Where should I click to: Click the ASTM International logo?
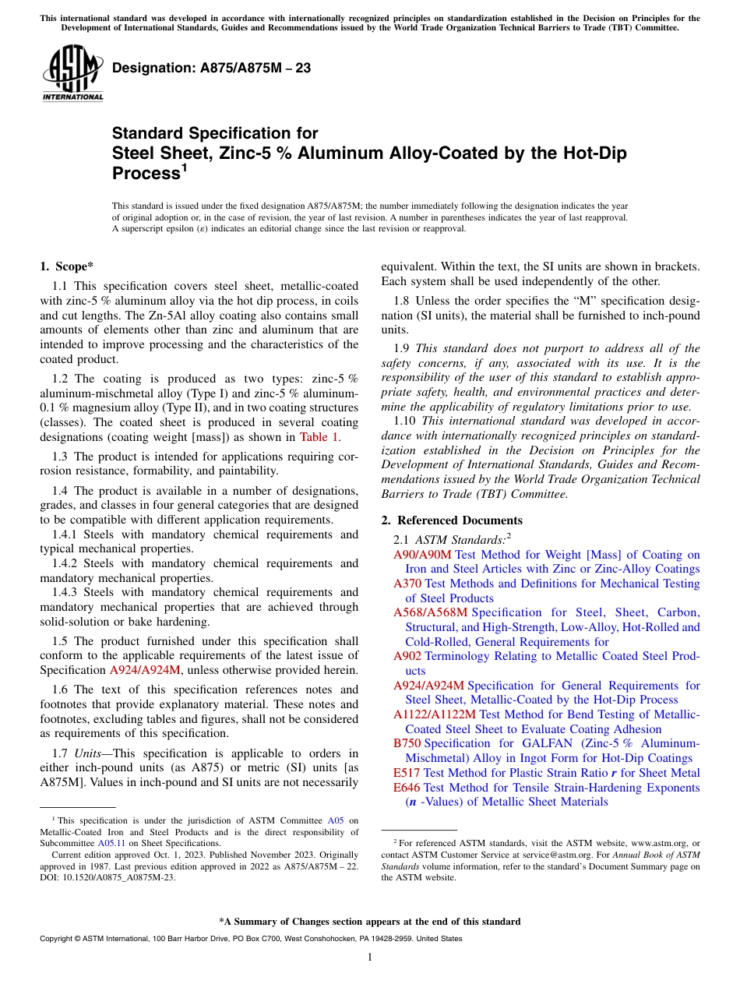(x=72, y=73)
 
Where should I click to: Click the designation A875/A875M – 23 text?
(x=211, y=68)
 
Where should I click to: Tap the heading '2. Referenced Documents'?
(x=451, y=520)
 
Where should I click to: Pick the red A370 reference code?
(x=407, y=584)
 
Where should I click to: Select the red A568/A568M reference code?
(x=430, y=612)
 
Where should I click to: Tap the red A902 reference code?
(x=407, y=656)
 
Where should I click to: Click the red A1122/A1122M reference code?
(x=434, y=714)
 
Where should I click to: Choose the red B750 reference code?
(x=407, y=743)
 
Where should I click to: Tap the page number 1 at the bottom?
(x=370, y=957)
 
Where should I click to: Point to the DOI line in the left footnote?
(x=107, y=876)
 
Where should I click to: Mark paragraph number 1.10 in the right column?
(x=406, y=421)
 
